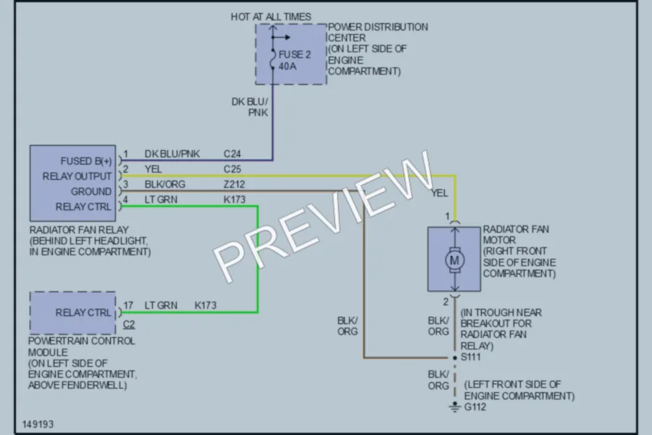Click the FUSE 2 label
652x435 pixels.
(294, 54)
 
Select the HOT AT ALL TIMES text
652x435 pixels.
(271, 17)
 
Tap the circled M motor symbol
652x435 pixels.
(454, 260)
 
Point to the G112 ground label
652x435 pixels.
(475, 407)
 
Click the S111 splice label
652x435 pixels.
(470, 357)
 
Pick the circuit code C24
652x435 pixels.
(232, 154)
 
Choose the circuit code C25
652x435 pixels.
(232, 169)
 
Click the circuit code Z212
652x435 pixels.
(234, 184)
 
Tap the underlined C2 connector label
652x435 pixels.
(129, 324)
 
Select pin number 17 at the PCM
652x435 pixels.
(128, 305)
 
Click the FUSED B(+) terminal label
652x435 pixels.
(86, 161)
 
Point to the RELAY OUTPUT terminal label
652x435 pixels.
(77, 176)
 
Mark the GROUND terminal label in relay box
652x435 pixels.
(91, 191)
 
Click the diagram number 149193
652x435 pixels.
(38, 424)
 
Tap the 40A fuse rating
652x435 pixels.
(288, 66)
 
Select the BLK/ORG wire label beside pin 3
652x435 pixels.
(164, 184)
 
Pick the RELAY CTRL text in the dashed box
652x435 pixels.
(83, 312)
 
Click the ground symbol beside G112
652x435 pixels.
(455, 407)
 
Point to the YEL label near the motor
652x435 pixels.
(440, 193)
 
